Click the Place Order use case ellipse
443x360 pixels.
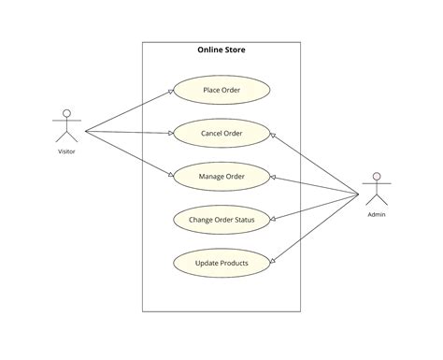[x=221, y=91]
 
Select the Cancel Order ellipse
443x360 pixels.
[x=221, y=134]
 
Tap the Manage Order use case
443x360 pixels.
[x=221, y=177]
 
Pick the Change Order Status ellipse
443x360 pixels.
[x=221, y=220]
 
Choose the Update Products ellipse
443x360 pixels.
[x=221, y=263]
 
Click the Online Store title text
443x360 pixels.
[x=221, y=50]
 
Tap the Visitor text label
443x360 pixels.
[x=66, y=151]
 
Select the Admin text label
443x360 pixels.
[x=377, y=214]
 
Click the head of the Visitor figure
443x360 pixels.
[x=66, y=114]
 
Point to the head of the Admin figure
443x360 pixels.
[x=377, y=176]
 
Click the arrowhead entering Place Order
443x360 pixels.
[x=171, y=92]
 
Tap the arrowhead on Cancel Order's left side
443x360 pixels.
[x=171, y=134]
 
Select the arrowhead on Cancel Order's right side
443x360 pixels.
[x=273, y=136]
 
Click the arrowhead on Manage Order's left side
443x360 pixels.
[x=171, y=175]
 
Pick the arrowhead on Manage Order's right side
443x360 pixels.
[x=273, y=178]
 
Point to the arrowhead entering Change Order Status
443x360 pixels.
[x=273, y=219]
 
